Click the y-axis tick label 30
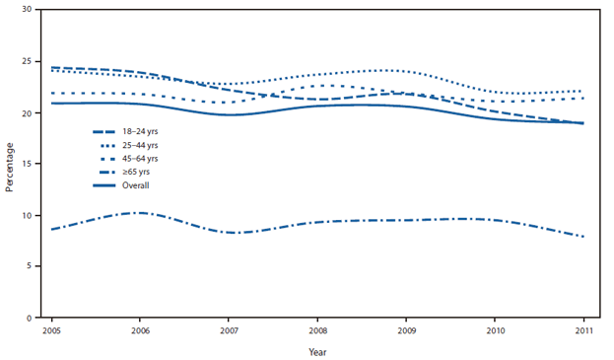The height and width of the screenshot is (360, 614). point(32,10)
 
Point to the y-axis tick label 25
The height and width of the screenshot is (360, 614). point(32,61)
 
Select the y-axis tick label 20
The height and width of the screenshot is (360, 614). point(32,112)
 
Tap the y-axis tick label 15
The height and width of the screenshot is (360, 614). point(32,164)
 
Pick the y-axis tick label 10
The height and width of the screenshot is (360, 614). point(32,215)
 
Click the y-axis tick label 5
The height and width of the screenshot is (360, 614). point(34,266)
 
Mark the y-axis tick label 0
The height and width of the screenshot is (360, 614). point(34,318)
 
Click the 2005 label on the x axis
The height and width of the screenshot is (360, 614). point(49,330)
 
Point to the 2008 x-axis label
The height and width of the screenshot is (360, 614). point(316,330)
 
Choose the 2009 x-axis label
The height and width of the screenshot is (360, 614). point(405,330)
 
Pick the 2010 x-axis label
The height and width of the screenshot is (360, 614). point(494,330)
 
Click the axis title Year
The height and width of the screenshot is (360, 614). point(316,350)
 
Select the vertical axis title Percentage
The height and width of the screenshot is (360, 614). point(11,164)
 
